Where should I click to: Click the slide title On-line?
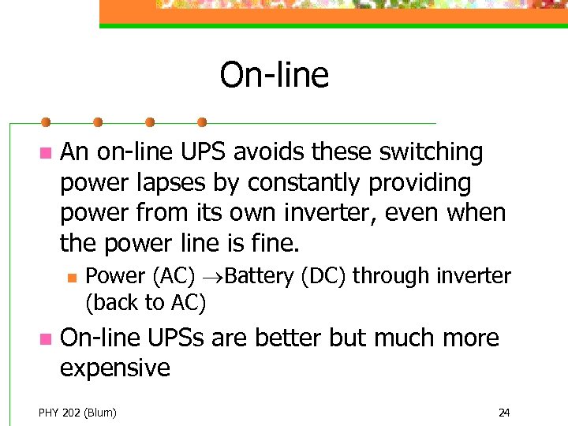click(x=274, y=76)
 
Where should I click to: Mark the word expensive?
click(x=115, y=368)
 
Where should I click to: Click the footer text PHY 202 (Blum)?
click(x=77, y=412)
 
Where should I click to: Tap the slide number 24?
click(x=504, y=412)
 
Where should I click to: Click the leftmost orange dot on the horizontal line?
click(x=46, y=122)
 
